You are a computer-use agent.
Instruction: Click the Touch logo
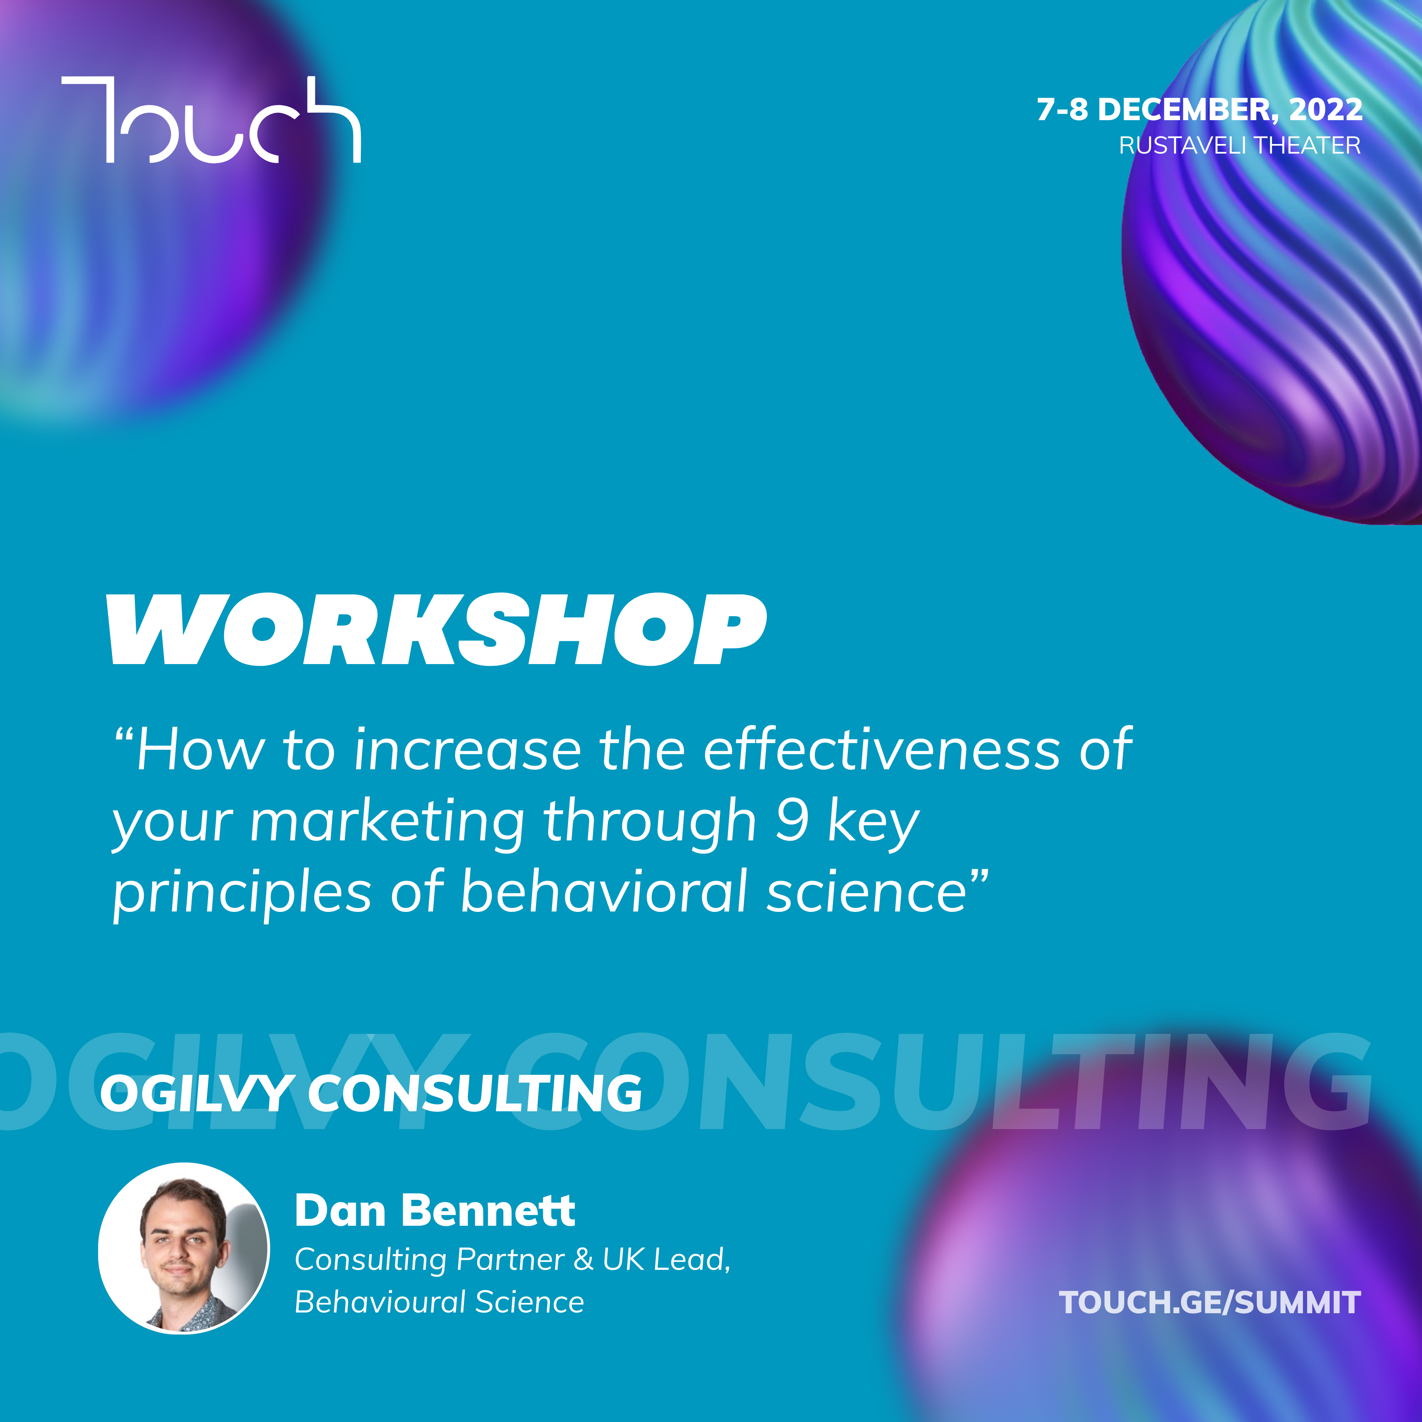click(211, 119)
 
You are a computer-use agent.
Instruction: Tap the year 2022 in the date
click(1326, 109)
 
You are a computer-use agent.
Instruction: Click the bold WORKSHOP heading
click(437, 629)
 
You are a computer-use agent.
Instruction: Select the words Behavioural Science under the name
click(439, 1302)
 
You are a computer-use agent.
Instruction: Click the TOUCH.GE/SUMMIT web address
click(1210, 1303)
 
